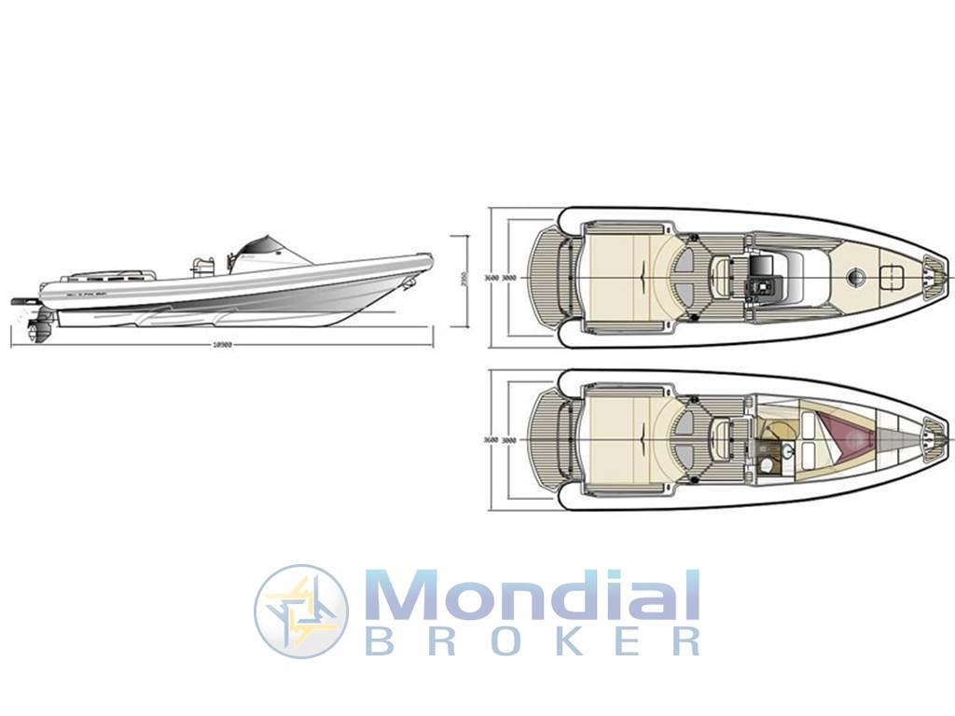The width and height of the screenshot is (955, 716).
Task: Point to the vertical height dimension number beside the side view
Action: [x=463, y=281]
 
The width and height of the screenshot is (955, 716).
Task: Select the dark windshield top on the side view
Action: [x=261, y=247]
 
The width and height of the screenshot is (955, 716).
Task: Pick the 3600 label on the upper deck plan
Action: [x=491, y=278]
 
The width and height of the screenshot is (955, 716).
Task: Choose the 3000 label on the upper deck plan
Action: [x=509, y=278]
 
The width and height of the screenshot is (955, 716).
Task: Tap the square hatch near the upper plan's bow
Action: [x=892, y=276]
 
